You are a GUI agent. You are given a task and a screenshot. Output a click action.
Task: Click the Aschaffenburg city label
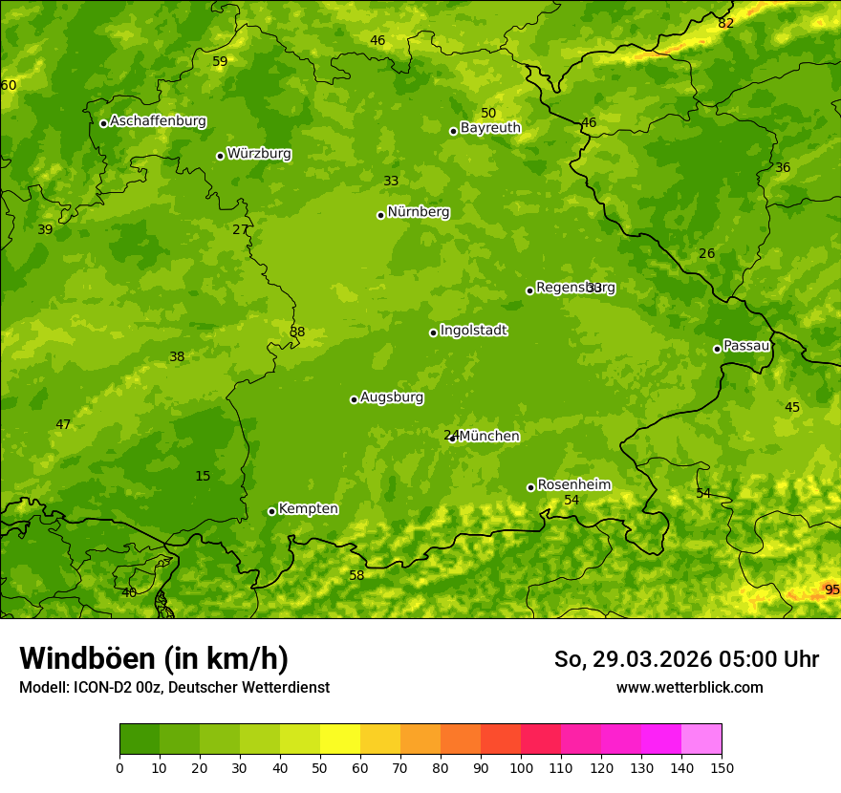pos(158,121)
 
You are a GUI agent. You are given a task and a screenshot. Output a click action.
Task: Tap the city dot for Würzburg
pos(220,156)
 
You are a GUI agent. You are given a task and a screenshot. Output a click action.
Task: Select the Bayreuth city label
pos(490,128)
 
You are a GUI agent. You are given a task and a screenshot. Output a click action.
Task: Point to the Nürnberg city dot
pos(380,215)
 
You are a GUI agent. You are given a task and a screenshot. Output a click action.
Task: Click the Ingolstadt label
pos(473,331)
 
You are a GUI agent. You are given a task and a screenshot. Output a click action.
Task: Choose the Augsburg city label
pos(392,397)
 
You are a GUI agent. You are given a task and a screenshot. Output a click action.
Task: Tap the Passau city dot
pos(717,349)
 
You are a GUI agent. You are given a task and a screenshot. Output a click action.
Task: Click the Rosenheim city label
pos(573,485)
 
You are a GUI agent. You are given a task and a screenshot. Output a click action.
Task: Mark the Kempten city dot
pos(271,511)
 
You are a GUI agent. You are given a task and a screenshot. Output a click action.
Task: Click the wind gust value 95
pos(831,589)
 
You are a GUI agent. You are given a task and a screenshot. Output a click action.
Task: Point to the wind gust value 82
pos(726,23)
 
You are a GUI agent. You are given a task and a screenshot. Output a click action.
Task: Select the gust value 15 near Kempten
pos(203,476)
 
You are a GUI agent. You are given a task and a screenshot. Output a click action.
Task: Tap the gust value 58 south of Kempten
pos(356,575)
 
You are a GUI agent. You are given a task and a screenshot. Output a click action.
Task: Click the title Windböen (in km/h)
pos(154,658)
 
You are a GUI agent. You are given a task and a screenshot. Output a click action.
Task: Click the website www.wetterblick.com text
pos(689,687)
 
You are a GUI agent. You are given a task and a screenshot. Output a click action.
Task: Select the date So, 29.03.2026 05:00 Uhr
pos(686,659)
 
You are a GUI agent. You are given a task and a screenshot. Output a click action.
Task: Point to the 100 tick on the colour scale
pos(521,767)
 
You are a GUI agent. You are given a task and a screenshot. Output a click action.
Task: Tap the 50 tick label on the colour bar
pos(320,767)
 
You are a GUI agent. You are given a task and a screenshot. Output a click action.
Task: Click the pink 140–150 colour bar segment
pos(701,739)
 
